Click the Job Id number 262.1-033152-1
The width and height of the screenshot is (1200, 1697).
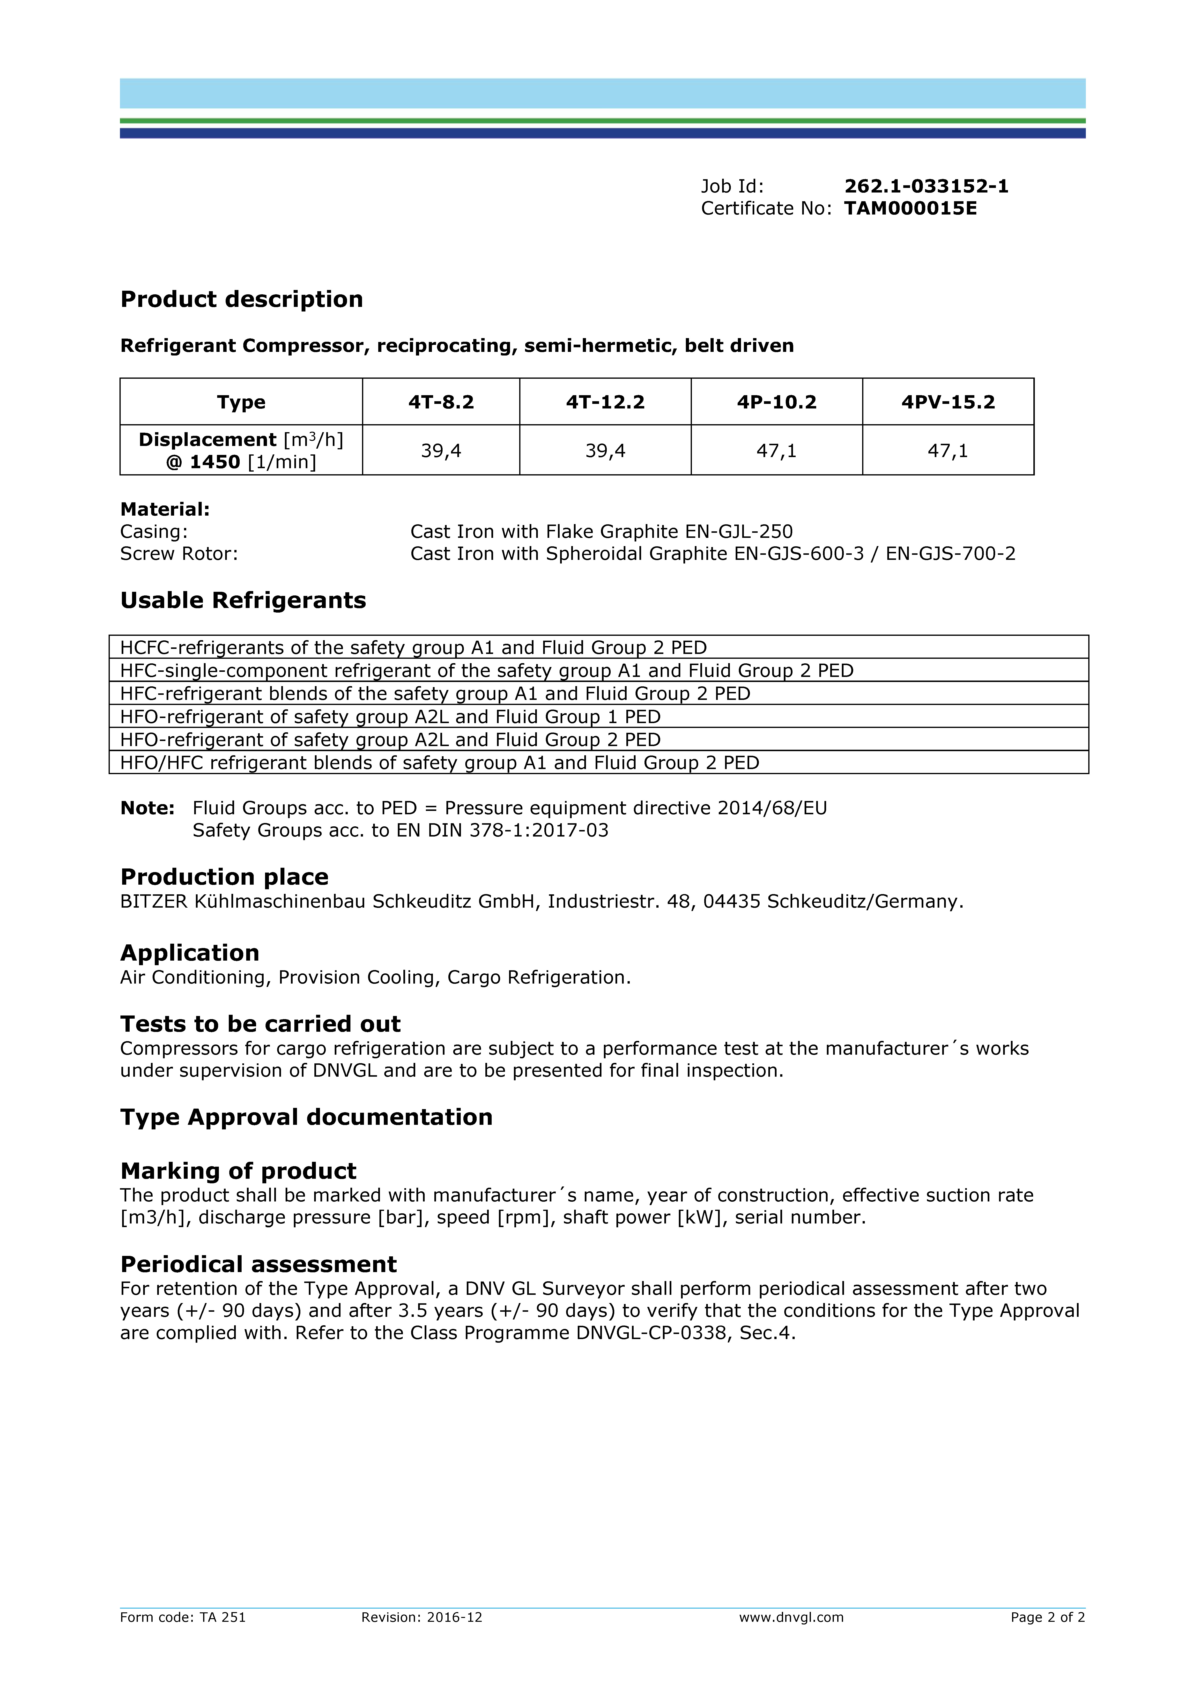(926, 186)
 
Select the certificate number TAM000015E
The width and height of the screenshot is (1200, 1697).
(910, 208)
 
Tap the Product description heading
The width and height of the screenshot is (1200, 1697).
(242, 299)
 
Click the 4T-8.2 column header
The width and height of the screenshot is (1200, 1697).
(441, 402)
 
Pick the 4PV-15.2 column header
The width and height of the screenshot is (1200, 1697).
(948, 402)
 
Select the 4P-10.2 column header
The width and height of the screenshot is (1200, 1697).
(777, 402)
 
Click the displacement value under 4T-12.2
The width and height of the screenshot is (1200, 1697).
(605, 451)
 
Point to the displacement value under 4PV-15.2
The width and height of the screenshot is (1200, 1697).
(948, 451)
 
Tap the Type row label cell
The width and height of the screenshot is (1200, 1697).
(241, 402)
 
